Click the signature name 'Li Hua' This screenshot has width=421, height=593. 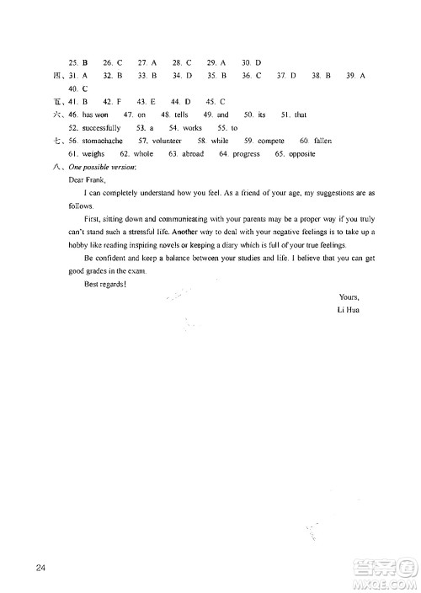point(347,311)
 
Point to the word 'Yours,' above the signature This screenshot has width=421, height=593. point(348,297)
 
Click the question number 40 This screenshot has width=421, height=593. point(75,88)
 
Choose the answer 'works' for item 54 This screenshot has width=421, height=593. point(192,127)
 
